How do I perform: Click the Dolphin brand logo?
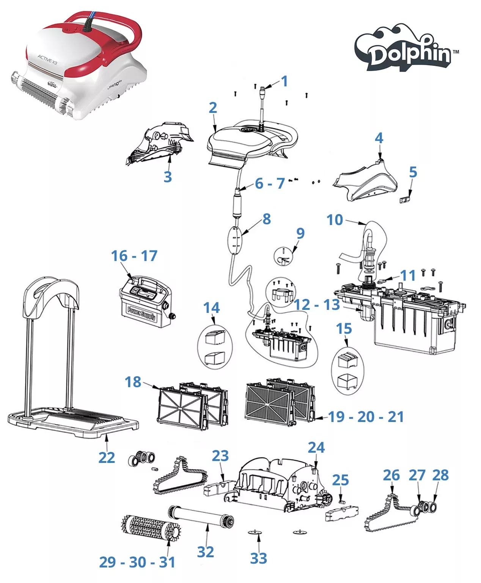pyautogui.click(x=406, y=49)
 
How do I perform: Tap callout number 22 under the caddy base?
pyautogui.click(x=107, y=457)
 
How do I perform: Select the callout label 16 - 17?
pyautogui.click(x=134, y=256)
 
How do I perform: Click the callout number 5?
pyautogui.click(x=413, y=172)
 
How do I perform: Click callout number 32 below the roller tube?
pyautogui.click(x=205, y=552)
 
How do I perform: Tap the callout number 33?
pyautogui.click(x=258, y=558)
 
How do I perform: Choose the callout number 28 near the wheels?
pyautogui.click(x=440, y=475)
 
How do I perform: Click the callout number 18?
pyautogui.click(x=133, y=382)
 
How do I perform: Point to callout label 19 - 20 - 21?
pyautogui.click(x=366, y=417)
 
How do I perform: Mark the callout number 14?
pyautogui.click(x=211, y=308)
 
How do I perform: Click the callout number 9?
pyautogui.click(x=300, y=233)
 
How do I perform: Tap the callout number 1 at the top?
pyautogui.click(x=284, y=81)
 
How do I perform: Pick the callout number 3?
pyautogui.click(x=168, y=177)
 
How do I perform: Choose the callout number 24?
pyautogui.click(x=316, y=447)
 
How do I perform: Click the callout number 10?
pyautogui.click(x=335, y=220)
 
